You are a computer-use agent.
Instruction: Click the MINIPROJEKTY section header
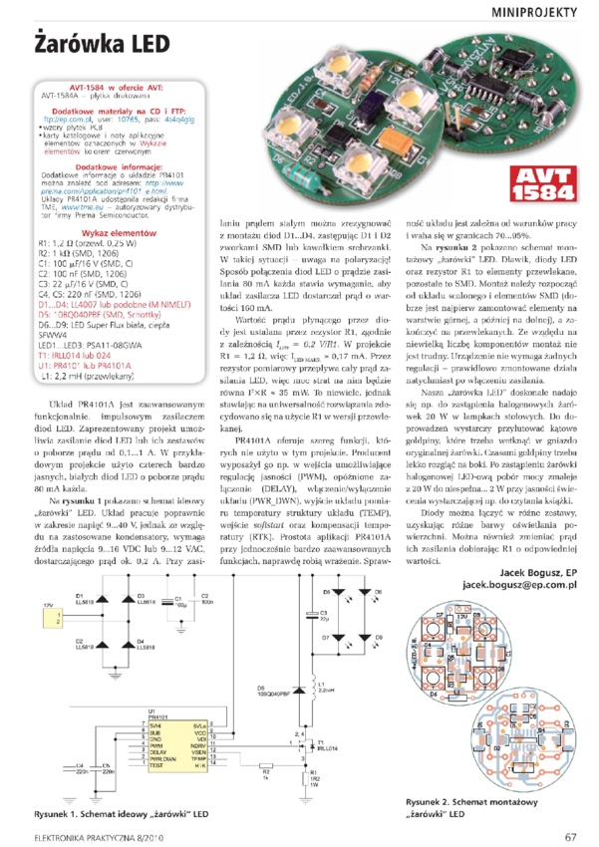(x=534, y=12)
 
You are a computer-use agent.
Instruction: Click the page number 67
(x=570, y=836)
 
